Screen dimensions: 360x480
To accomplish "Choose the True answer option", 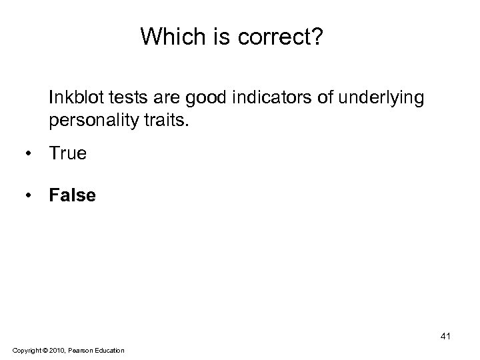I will (67, 153).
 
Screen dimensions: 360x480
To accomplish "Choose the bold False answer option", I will (72, 195).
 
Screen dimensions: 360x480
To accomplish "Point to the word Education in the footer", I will (109, 350).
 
